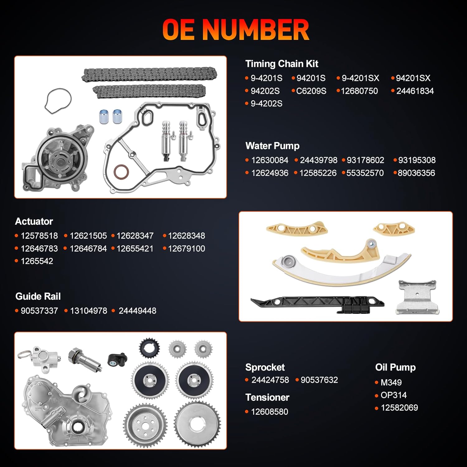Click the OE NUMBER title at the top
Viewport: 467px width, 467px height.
[236, 30]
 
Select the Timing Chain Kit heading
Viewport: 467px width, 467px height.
[281, 64]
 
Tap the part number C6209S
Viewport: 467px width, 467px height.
[311, 91]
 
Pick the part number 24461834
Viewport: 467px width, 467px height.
[415, 91]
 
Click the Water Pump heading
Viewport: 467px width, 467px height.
[272, 146]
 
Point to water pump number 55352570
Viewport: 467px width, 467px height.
[365, 173]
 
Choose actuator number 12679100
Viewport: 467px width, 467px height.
[186, 248]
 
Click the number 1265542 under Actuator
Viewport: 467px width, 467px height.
[37, 261]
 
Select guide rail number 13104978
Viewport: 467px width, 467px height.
[88, 311]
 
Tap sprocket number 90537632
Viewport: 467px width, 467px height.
[319, 380]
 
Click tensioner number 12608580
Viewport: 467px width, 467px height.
[269, 412]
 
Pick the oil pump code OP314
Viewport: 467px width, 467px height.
[394, 395]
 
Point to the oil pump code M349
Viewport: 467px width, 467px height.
[391, 382]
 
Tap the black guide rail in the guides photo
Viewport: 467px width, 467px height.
[318, 302]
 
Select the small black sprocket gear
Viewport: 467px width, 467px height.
[149, 349]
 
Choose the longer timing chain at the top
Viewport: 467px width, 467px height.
[149, 74]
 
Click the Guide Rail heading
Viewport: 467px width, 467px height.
[38, 296]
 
